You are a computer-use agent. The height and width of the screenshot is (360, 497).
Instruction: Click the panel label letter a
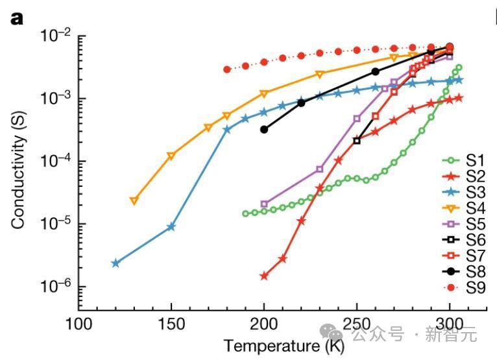pyautogui.click(x=16, y=18)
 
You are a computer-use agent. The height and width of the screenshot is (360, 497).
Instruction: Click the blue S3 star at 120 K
pyautogui.click(x=115, y=263)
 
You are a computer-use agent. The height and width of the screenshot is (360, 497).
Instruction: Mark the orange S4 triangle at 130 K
pyautogui.click(x=134, y=200)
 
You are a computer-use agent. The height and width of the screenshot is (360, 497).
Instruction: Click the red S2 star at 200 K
pyautogui.click(x=264, y=276)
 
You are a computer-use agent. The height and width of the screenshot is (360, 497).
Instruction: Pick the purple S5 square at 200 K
pyautogui.click(x=264, y=204)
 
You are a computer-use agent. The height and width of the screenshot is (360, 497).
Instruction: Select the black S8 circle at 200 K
pyautogui.click(x=264, y=130)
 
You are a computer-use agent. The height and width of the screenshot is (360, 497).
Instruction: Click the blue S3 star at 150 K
pyautogui.click(x=171, y=226)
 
